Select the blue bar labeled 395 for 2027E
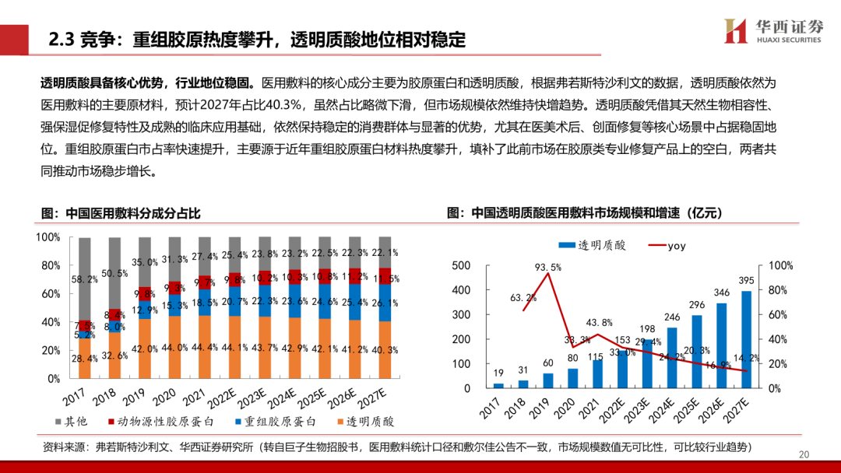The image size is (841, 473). click(x=746, y=339)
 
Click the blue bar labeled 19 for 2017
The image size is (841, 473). click(x=498, y=385)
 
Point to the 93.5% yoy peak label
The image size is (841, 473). click(x=548, y=268)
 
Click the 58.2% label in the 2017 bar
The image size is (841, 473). click(x=84, y=279)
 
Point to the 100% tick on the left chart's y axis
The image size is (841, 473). click(x=48, y=236)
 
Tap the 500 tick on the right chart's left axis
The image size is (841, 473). click(x=461, y=266)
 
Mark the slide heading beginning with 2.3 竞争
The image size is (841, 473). click(x=257, y=39)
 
